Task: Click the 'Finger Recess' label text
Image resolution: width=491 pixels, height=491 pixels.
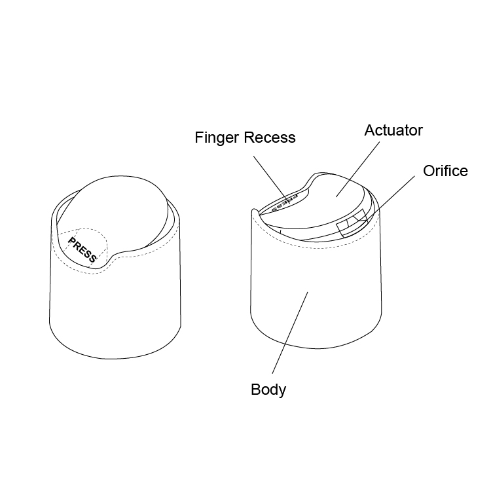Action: pyautogui.click(x=245, y=137)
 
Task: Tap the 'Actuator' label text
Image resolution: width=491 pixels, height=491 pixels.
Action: pyautogui.click(x=393, y=130)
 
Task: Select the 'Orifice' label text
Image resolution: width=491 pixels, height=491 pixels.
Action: pyautogui.click(x=445, y=171)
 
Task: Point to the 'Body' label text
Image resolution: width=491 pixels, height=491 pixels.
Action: pyautogui.click(x=268, y=390)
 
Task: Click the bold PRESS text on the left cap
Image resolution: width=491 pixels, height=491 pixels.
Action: pyautogui.click(x=82, y=250)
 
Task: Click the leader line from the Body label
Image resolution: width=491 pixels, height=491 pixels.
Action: pyautogui.click(x=290, y=333)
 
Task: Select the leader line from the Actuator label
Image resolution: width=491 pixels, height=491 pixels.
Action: pyautogui.click(x=357, y=170)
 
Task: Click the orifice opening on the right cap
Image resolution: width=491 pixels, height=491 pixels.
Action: pyautogui.click(x=352, y=223)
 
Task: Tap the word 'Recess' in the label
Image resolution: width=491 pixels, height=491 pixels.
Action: pyautogui.click(x=270, y=137)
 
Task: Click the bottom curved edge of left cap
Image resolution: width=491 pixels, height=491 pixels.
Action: pyautogui.click(x=115, y=358)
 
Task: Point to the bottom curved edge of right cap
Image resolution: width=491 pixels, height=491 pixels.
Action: pyautogui.click(x=316, y=348)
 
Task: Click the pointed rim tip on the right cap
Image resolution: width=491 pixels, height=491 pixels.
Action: pyautogui.click(x=253, y=210)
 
